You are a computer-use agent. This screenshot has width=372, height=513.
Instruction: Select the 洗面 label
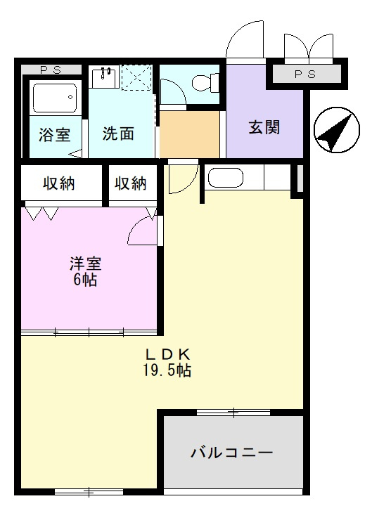[x=117, y=134]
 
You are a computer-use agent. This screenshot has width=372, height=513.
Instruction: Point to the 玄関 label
[x=264, y=127]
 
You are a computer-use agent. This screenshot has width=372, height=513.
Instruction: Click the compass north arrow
[x=333, y=131]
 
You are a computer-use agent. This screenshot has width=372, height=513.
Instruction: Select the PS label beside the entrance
[x=304, y=74]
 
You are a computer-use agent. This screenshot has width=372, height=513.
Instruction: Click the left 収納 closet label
[x=60, y=183]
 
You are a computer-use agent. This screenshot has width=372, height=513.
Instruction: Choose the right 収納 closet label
[x=131, y=183]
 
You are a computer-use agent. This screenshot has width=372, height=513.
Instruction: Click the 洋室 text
[x=85, y=264]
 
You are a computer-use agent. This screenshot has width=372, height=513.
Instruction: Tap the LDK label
[x=168, y=354]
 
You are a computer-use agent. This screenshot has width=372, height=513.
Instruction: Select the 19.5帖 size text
[x=168, y=370]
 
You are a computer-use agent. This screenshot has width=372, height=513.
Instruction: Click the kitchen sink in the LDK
[x=226, y=178]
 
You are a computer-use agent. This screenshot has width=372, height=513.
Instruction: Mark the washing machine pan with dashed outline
[x=136, y=77]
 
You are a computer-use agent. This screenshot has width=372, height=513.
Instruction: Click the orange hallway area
[x=189, y=134]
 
